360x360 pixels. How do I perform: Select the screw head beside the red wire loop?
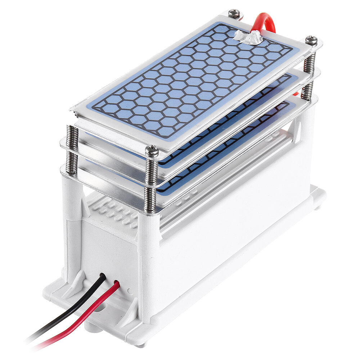click(234, 14)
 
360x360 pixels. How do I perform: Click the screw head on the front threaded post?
click(152, 151)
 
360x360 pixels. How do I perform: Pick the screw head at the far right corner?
click(311, 40)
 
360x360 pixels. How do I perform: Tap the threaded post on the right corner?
click(309, 76)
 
